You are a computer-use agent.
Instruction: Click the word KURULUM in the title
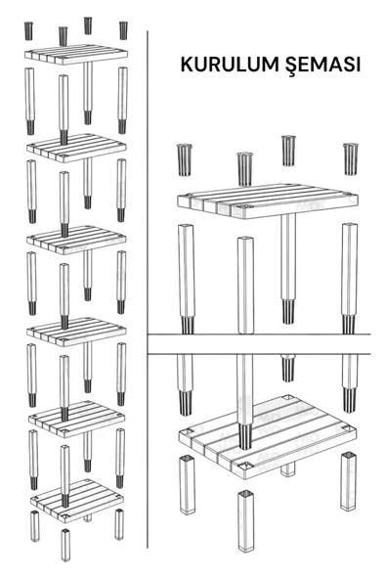[230, 65]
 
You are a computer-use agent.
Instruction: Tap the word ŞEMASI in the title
[322, 66]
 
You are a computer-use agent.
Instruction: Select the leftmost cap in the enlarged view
[184, 159]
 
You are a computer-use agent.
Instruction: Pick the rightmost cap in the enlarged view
[351, 158]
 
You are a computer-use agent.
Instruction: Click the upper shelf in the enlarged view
[267, 200]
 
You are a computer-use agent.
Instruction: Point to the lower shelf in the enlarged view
[267, 436]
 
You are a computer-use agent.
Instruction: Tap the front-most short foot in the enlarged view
[246, 520]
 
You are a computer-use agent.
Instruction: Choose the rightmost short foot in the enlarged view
[348, 481]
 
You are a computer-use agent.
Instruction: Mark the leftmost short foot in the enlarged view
[187, 485]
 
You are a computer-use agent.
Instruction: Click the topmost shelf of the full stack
[76, 55]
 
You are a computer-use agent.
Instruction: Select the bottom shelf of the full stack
[77, 501]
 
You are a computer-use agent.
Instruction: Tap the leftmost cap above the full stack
[28, 30]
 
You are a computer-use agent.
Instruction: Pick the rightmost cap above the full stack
[123, 30]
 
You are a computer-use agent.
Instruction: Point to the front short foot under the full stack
[65, 545]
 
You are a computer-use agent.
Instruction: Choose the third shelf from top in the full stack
[76, 240]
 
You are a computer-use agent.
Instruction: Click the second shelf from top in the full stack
[76, 148]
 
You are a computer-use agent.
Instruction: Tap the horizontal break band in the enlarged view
[259, 344]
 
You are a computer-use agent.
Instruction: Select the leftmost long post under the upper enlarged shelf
[187, 279]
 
